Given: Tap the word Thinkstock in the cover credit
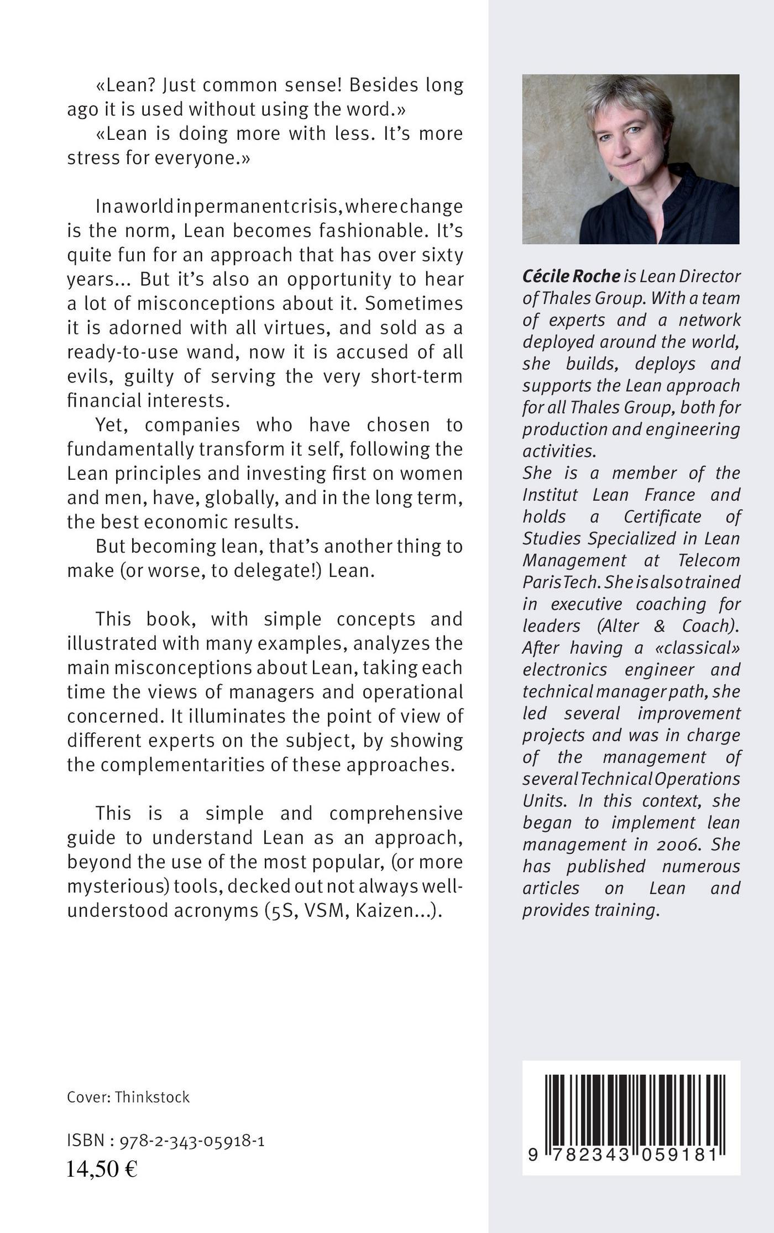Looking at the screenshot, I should pyautogui.click(x=152, y=1097).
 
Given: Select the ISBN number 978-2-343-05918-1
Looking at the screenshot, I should pyautogui.click(x=191, y=1141).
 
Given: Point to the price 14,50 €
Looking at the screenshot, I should pyautogui.click(x=102, y=1169).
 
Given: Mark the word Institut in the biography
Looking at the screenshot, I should pyautogui.click(x=551, y=495).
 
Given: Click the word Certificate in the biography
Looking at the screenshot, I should pyautogui.click(x=662, y=516).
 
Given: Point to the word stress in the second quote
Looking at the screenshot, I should pyautogui.click(x=91, y=158).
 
